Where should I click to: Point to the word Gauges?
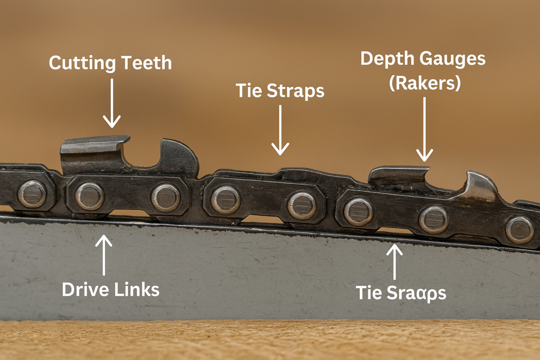pos(454,60)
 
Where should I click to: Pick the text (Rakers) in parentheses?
pos(425,83)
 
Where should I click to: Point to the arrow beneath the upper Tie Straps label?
pos(280,130)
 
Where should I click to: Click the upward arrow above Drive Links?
pos(104,255)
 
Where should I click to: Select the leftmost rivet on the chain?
pos(32,193)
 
